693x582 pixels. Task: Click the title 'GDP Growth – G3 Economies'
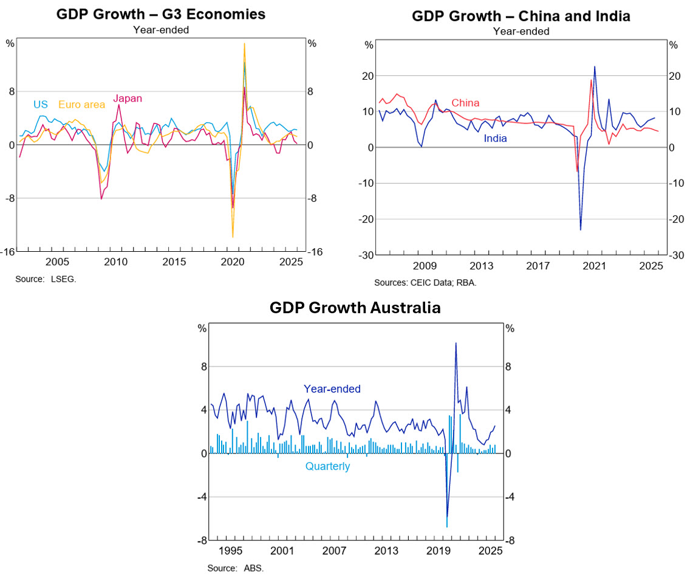(x=160, y=13)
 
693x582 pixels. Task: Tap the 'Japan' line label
(x=128, y=99)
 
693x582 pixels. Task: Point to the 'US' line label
(x=41, y=105)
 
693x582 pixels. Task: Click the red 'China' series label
(x=465, y=103)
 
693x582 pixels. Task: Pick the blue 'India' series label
(x=495, y=139)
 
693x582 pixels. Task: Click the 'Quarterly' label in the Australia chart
(x=327, y=466)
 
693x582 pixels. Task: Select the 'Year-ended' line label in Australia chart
(x=332, y=389)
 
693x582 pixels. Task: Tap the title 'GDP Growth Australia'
(x=355, y=308)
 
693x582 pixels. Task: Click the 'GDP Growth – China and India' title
(x=521, y=16)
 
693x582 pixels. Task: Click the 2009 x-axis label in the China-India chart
(x=425, y=266)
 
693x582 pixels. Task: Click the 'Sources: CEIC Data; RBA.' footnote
(x=425, y=282)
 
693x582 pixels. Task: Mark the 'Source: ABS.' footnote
(x=236, y=568)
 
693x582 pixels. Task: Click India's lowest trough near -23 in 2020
(x=581, y=230)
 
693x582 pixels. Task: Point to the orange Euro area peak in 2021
(x=244, y=43)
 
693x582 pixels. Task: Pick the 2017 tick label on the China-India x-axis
(x=538, y=266)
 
